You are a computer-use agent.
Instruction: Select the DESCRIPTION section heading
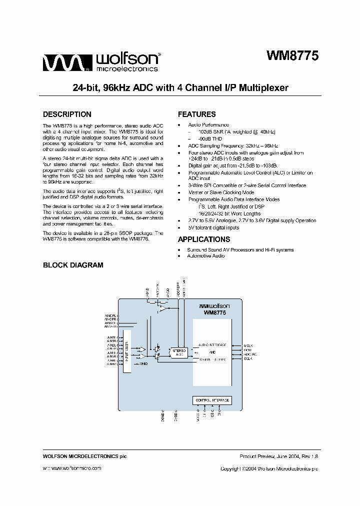tap(67, 114)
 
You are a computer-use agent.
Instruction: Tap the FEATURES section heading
tap(196, 114)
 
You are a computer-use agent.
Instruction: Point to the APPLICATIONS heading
tap(204, 239)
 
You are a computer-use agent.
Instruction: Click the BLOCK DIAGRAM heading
tap(73, 265)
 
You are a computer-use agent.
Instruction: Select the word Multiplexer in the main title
tap(263, 88)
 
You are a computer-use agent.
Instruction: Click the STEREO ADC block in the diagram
tap(179, 352)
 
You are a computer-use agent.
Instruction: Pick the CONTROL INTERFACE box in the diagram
tap(211, 400)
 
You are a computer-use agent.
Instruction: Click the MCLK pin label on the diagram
tap(248, 345)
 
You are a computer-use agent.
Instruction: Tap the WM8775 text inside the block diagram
tap(214, 312)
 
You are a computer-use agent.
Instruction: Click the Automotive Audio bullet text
tap(205, 256)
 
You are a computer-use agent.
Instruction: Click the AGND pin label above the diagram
tap(147, 291)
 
